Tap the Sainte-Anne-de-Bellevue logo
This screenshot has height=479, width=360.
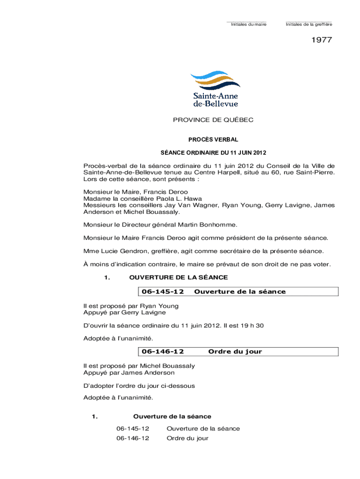[216, 89]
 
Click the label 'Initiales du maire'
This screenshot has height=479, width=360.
[249, 24]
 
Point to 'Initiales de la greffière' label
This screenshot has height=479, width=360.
[309, 24]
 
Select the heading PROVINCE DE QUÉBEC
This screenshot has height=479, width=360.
[213, 120]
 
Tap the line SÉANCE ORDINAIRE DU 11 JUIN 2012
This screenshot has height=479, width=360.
[213, 152]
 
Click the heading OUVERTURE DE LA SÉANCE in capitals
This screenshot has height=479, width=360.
[178, 277]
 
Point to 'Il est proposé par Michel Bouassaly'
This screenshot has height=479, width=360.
[139, 366]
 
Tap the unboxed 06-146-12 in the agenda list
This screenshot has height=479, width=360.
[133, 438]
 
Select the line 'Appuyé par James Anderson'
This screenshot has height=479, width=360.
[129, 373]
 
